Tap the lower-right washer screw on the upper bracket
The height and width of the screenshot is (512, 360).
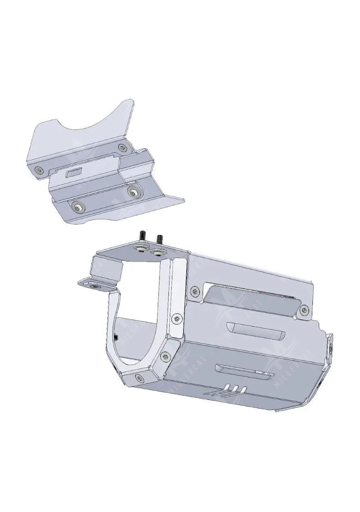[x=134, y=192]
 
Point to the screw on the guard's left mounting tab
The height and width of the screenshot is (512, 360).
[x=96, y=286]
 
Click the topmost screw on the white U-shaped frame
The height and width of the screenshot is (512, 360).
[x=178, y=319]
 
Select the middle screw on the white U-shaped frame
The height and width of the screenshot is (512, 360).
[x=164, y=356]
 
